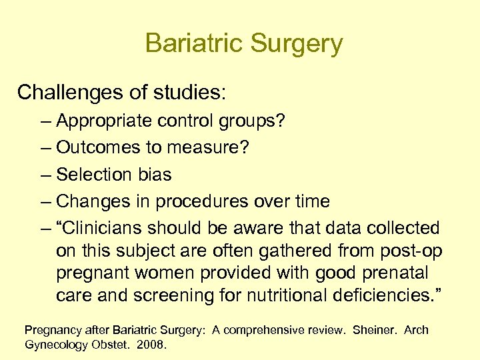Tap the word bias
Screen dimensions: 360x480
[x=154, y=175]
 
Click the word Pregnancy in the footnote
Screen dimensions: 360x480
[x=53, y=330]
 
